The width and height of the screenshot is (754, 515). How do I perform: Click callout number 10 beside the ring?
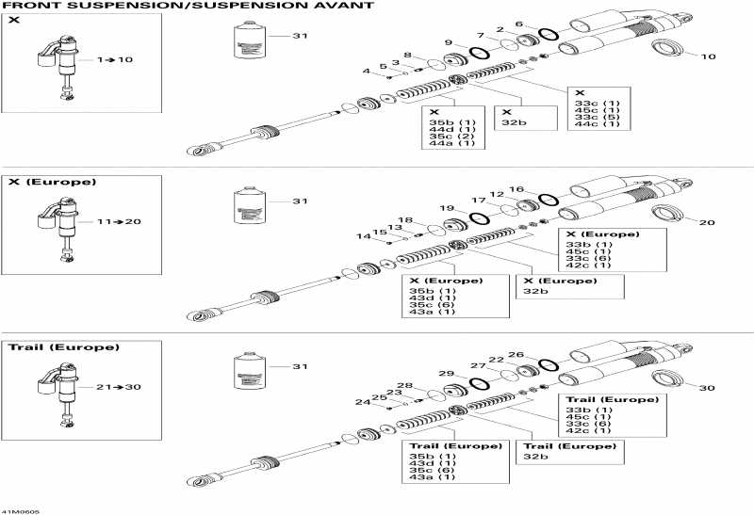click(x=709, y=56)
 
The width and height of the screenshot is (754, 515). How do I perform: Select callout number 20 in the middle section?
click(x=709, y=222)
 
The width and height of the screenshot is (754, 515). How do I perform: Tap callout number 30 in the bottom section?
click(x=709, y=388)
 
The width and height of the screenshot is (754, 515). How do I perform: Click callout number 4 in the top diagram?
click(x=367, y=72)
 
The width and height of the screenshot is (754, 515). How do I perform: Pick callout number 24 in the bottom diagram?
click(x=362, y=402)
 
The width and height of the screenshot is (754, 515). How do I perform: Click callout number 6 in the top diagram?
click(x=545, y=24)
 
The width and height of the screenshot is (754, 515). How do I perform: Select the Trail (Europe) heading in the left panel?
click(x=64, y=347)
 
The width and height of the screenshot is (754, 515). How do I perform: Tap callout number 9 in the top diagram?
click(x=449, y=42)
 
